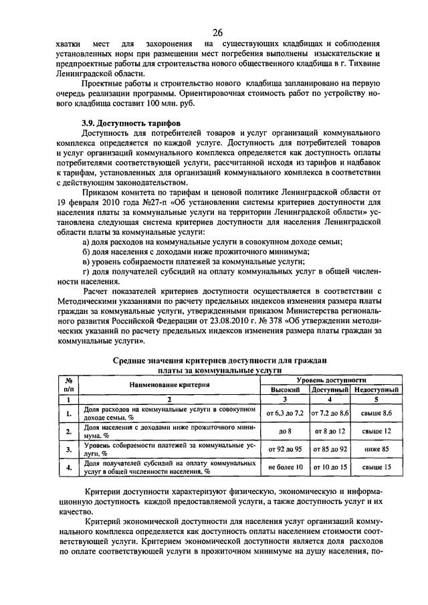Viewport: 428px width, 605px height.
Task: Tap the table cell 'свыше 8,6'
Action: tap(377, 414)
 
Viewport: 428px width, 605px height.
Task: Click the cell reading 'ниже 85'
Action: tap(377, 450)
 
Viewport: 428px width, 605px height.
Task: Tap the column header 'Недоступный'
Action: tap(377, 389)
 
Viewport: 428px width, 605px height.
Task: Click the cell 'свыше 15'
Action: tap(377, 467)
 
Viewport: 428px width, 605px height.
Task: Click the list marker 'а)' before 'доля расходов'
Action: tap(86, 240)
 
